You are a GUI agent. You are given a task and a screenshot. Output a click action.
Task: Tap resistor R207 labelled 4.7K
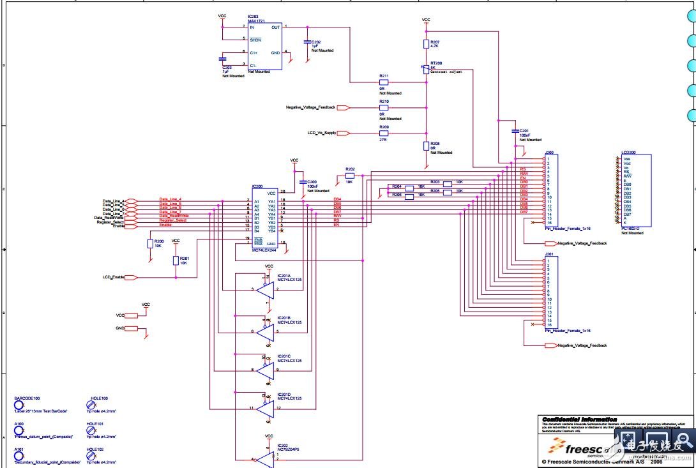[426, 44]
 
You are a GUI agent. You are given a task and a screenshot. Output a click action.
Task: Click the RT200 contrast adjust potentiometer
[426, 68]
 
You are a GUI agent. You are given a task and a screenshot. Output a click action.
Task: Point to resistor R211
[383, 82]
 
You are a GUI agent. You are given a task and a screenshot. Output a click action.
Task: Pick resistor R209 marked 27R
[383, 133]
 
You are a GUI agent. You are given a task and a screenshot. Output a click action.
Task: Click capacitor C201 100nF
[515, 132]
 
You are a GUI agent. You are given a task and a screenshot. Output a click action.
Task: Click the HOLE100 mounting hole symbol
[91, 405]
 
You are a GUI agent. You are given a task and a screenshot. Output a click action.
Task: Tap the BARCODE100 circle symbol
[19, 405]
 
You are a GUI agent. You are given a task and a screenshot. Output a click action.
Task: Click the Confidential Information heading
[579, 419]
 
